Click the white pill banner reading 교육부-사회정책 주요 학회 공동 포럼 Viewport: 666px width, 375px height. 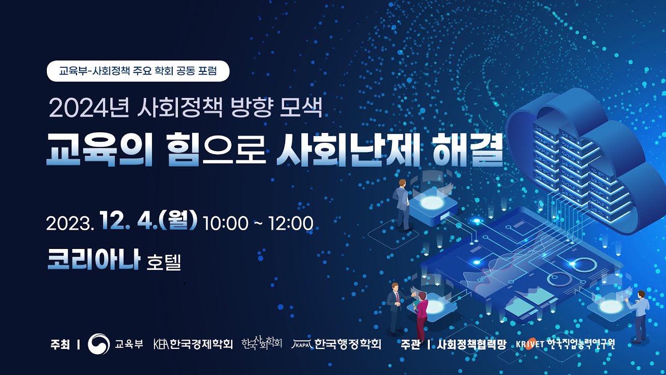click(138, 71)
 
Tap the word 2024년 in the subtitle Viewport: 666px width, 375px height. click(89, 107)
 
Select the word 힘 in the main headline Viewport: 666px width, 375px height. click(184, 149)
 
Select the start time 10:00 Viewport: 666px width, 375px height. click(225, 223)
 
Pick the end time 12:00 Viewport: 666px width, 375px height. click(291, 223)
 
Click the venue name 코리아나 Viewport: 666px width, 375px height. click(94, 259)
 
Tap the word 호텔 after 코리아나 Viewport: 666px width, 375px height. click(164, 261)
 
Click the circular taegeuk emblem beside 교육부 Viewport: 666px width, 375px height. click(99, 344)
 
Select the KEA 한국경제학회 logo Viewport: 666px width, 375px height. click(193, 344)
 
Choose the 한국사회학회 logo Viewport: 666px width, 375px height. click(262, 343)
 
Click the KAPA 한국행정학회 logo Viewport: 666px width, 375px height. click(336, 344)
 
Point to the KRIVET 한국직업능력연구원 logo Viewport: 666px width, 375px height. click(565, 344)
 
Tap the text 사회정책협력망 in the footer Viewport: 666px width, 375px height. click(471, 344)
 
